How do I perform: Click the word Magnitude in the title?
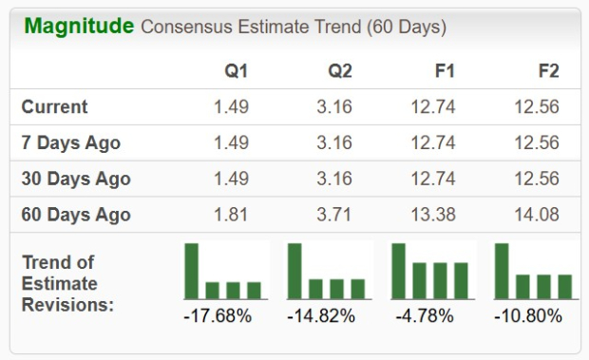tap(79, 27)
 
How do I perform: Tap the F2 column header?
tap(547, 71)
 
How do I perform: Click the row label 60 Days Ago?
tap(76, 215)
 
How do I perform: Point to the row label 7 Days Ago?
tap(71, 142)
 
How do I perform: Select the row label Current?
tap(55, 106)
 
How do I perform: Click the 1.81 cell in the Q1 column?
tap(231, 215)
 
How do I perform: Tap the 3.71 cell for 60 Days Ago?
tap(334, 215)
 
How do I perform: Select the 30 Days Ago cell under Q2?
tap(334, 179)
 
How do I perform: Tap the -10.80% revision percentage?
tap(528, 315)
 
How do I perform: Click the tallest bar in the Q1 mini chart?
tap(192, 271)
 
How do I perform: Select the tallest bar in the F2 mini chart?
tap(502, 271)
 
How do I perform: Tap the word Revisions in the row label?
tap(67, 304)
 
